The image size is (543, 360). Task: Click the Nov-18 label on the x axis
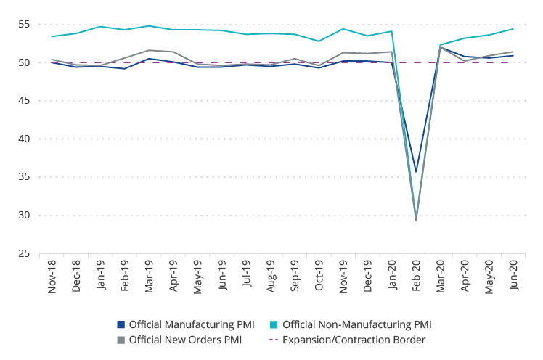click(52, 277)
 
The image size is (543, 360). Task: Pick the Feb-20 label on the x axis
click(416, 277)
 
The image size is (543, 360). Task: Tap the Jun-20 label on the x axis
click(513, 277)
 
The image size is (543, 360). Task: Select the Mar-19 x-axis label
click(150, 277)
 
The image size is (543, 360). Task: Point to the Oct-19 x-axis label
click(319, 277)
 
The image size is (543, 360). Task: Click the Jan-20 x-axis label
click(392, 277)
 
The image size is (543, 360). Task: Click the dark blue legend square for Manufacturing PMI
click(121, 324)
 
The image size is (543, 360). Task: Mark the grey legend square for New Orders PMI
click(121, 339)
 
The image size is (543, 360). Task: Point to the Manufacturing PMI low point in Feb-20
click(416, 172)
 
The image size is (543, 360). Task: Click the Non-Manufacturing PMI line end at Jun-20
click(513, 29)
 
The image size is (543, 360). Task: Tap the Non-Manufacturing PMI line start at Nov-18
click(52, 36)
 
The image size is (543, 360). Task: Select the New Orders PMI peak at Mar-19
click(149, 50)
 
